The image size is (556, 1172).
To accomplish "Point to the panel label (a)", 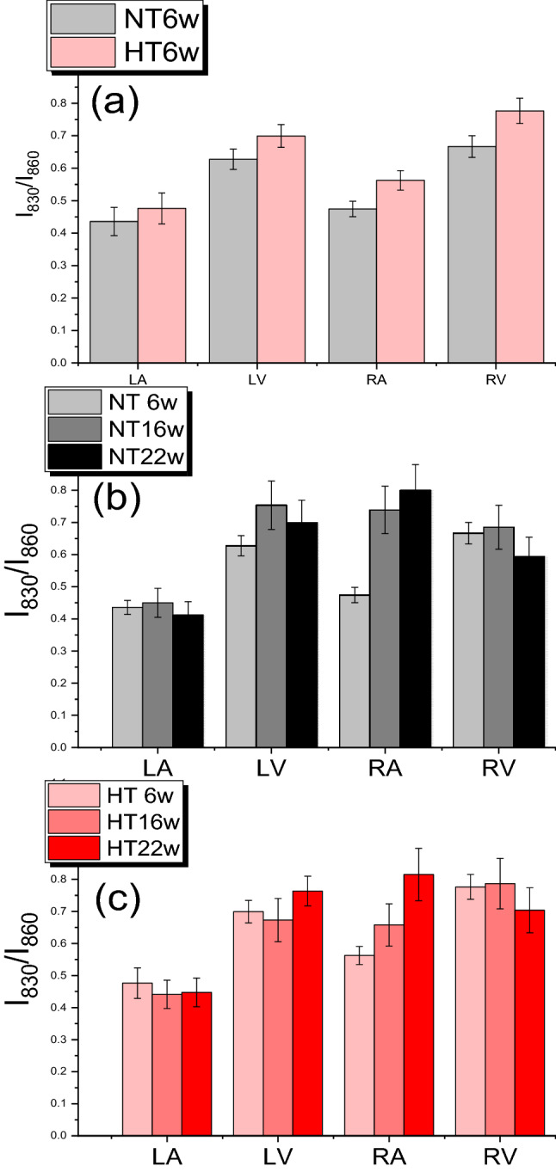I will (116, 105).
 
